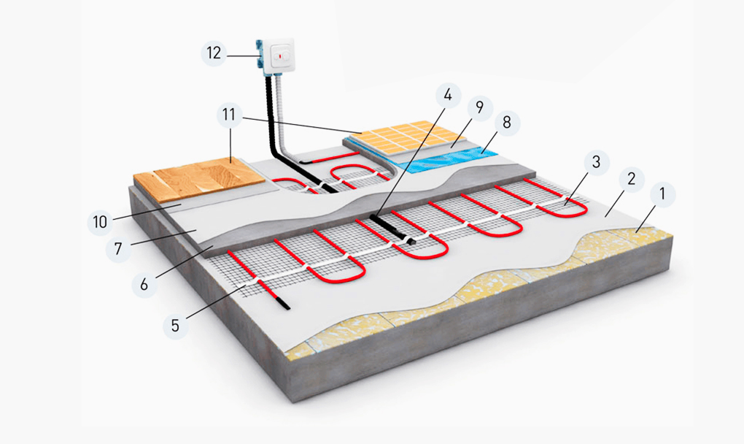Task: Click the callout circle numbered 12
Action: click(214, 55)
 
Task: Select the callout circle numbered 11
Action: click(229, 115)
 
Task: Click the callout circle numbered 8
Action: click(507, 123)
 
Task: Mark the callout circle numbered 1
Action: click(662, 195)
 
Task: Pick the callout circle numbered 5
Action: click(175, 324)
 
